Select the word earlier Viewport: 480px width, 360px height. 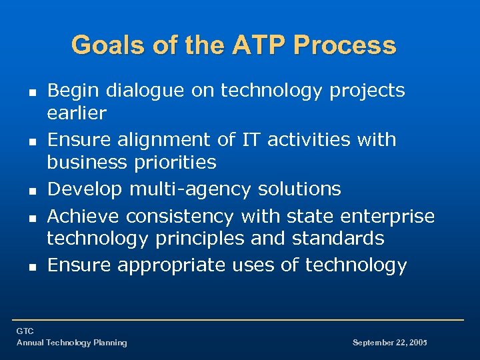coord(76,113)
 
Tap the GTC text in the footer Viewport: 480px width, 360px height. coord(25,331)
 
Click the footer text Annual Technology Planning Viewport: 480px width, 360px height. coord(71,343)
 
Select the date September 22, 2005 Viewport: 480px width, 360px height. coord(389,343)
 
